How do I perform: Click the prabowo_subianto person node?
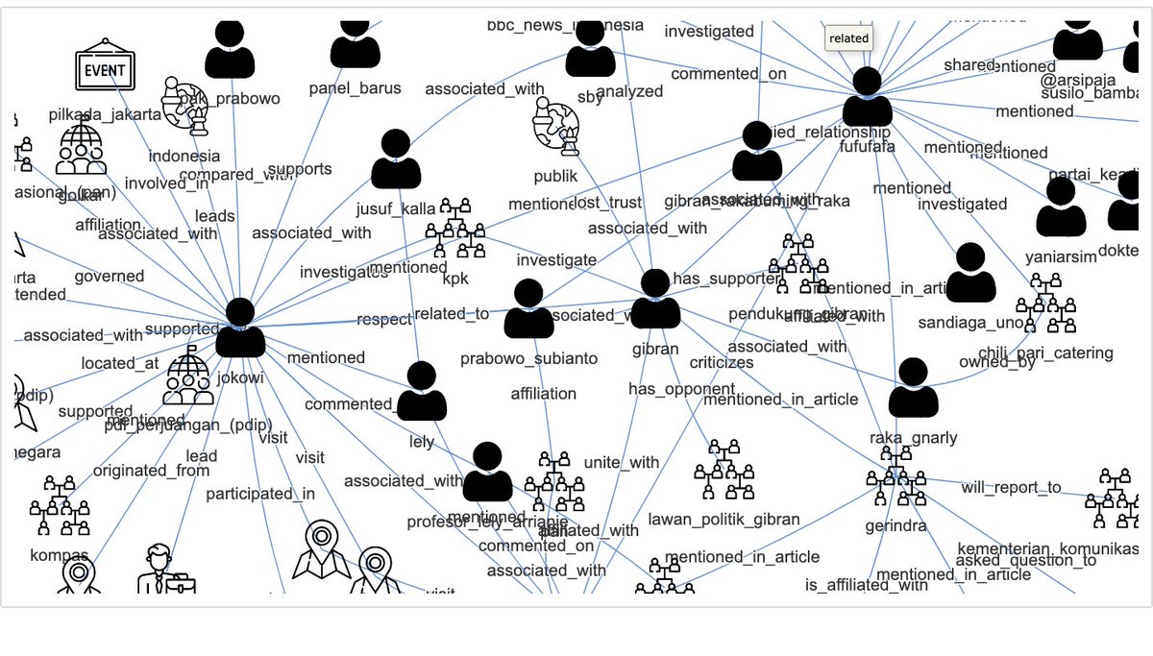(x=528, y=309)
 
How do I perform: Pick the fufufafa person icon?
(x=868, y=97)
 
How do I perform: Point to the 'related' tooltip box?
(x=848, y=38)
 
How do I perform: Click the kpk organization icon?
(x=455, y=230)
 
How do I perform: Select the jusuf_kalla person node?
(x=396, y=159)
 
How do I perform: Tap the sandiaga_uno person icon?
(x=970, y=273)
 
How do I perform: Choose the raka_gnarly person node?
(x=913, y=388)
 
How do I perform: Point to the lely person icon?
(x=422, y=392)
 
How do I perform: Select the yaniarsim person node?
(x=1061, y=207)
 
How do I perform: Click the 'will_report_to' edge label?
(x=1011, y=488)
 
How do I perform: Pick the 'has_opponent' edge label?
(x=669, y=389)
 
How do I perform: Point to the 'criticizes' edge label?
(x=722, y=363)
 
